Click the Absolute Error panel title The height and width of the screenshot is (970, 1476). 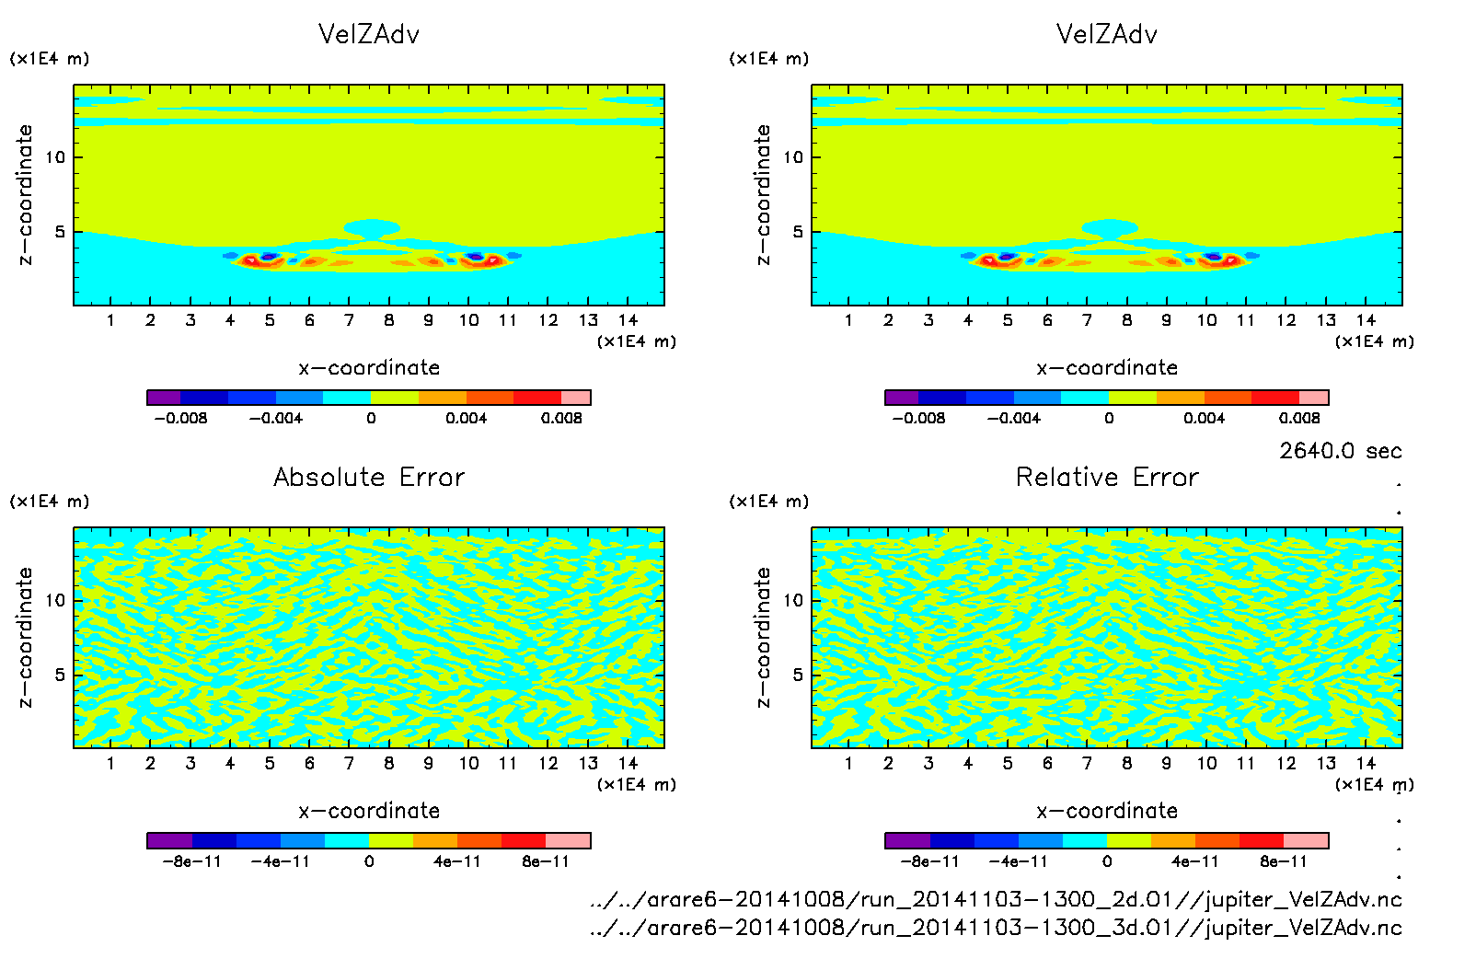pyautogui.click(x=369, y=477)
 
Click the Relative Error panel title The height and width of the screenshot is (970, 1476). pyautogui.click(x=1107, y=477)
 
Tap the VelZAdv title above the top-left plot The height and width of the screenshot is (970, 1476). pyautogui.click(x=369, y=34)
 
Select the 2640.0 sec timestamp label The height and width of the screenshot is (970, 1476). pyautogui.click(x=1340, y=451)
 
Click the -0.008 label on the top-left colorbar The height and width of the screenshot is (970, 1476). pyautogui.click(x=180, y=418)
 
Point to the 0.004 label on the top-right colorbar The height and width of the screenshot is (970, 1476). pyautogui.click(x=1204, y=418)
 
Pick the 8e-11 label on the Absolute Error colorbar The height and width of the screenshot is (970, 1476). pyautogui.click(x=546, y=861)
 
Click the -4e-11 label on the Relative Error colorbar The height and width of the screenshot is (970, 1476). pyautogui.click(x=1018, y=861)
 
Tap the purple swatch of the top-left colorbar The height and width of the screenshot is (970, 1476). pyautogui.click(x=164, y=398)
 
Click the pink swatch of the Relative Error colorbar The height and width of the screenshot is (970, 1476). pyautogui.click(x=1307, y=840)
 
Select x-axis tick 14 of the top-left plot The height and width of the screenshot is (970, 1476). pyautogui.click(x=628, y=320)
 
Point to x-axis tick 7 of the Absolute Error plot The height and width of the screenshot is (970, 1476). pyautogui.click(x=349, y=763)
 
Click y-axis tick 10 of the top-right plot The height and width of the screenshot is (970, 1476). pyautogui.click(x=793, y=157)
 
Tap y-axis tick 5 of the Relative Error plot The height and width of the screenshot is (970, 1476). pyautogui.click(x=798, y=675)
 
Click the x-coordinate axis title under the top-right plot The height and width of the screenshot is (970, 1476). pyautogui.click(x=1107, y=368)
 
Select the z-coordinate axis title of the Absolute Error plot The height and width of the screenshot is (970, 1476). pyautogui.click(x=26, y=637)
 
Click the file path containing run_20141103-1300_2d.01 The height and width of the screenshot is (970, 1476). pyautogui.click(x=996, y=899)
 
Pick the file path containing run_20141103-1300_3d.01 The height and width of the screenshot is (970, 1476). pyautogui.click(x=996, y=928)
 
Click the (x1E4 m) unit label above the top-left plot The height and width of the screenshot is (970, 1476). pyautogui.click(x=50, y=59)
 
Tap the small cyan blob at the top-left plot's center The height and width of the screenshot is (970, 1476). pyautogui.click(x=372, y=227)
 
